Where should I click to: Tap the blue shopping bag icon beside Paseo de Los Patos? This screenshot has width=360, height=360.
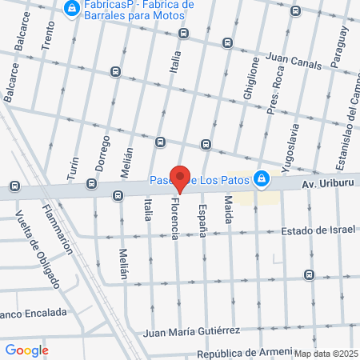(x=261, y=178)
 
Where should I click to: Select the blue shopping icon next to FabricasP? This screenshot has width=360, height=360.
(x=72, y=9)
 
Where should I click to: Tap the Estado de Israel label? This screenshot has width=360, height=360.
(x=318, y=231)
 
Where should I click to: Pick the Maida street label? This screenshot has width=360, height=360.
(x=228, y=210)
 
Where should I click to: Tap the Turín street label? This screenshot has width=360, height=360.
(x=73, y=166)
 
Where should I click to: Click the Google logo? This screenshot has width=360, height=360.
(x=26, y=350)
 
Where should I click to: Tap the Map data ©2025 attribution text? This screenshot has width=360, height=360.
(x=324, y=353)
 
